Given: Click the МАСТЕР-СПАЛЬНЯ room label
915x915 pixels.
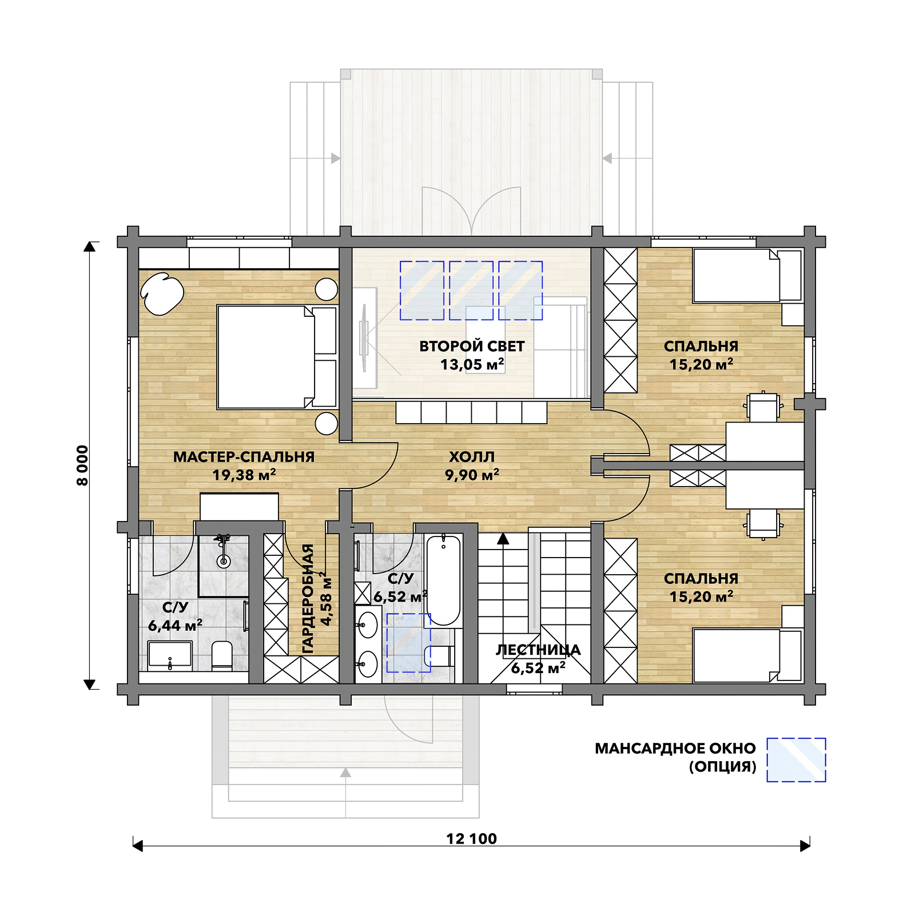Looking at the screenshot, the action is point(244,457).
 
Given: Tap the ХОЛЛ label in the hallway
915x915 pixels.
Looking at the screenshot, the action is point(471,457).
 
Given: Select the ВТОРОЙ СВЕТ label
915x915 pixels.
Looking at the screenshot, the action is point(472,346).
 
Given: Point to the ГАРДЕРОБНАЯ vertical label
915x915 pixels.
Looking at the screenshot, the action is point(308,598).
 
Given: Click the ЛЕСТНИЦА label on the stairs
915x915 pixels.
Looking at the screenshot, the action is point(538,650).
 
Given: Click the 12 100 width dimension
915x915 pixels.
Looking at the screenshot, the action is point(471,838).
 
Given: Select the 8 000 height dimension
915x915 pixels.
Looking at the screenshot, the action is point(83,466).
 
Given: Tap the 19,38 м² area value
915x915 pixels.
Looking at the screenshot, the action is point(244,475).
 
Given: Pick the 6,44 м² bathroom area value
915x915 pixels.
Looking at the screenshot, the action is point(175,625).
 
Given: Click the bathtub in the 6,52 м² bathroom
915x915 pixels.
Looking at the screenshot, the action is point(443,580).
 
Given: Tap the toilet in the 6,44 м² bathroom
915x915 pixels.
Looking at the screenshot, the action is point(221,655).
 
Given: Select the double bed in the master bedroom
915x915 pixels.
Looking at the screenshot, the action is point(277,357).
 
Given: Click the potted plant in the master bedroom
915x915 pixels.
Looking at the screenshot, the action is point(162,293).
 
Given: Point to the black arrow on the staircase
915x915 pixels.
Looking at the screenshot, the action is point(503,538).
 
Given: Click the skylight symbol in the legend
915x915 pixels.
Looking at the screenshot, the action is point(796,759).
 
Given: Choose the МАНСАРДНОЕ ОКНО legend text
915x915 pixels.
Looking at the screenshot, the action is point(675,748).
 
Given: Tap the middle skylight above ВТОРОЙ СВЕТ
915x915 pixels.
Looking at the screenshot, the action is point(471,290).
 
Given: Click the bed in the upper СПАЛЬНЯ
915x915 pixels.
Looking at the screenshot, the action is point(747,276).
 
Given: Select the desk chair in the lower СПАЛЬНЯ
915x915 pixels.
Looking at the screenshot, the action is point(763,523).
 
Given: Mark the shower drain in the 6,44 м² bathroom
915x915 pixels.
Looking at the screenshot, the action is point(224,562).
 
